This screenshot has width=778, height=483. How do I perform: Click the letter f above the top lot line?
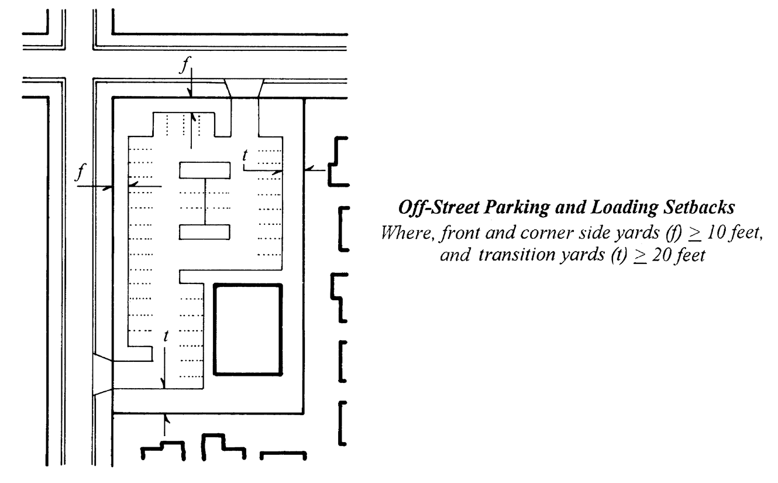pyautogui.click(x=185, y=65)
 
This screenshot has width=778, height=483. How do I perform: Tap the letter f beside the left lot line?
pyautogui.click(x=81, y=172)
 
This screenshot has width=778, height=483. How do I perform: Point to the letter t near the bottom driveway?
pyautogui.click(x=166, y=336)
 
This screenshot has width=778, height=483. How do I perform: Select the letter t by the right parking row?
pyautogui.click(x=245, y=155)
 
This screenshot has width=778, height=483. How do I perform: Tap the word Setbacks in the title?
pyautogui.click(x=699, y=207)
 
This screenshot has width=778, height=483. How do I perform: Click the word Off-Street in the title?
pyautogui.click(x=439, y=208)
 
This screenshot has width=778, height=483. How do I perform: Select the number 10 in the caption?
pyautogui.click(x=716, y=232)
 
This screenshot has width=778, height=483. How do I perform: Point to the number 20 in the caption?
pyautogui.click(x=661, y=255)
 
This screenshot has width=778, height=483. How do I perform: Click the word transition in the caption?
pyautogui.click(x=512, y=255)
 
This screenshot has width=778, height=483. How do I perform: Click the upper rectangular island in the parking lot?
pyautogui.click(x=205, y=170)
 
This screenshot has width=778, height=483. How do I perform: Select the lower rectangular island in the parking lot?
pyautogui.click(x=205, y=232)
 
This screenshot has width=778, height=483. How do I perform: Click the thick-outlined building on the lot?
pyautogui.click(x=214, y=330)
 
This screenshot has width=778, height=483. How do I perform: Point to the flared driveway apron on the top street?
pyautogui.click(x=244, y=88)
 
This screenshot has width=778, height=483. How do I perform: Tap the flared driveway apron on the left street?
pyautogui.click(x=102, y=375)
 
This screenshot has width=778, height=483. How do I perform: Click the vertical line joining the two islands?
pyautogui.click(x=205, y=201)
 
